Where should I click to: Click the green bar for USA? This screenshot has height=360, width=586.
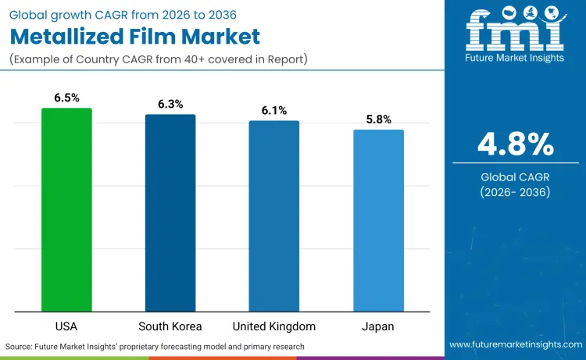click(x=66, y=210)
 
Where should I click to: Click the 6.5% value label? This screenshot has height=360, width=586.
click(x=66, y=98)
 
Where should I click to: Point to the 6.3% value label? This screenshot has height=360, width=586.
click(x=170, y=104)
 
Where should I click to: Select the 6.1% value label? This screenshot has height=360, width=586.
click(x=274, y=110)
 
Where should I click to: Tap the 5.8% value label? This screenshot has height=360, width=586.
click(x=378, y=119)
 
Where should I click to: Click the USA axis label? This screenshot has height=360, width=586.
click(x=66, y=326)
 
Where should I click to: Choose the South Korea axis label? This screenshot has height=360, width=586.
click(x=170, y=326)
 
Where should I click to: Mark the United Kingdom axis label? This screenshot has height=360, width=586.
click(x=274, y=326)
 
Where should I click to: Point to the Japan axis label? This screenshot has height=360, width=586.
click(x=378, y=326)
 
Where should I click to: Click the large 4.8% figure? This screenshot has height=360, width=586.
click(x=515, y=144)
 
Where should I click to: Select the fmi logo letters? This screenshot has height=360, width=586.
click(x=515, y=31)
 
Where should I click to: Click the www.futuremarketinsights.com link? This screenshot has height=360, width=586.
click(x=515, y=344)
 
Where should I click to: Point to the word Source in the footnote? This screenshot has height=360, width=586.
click(x=19, y=346)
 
